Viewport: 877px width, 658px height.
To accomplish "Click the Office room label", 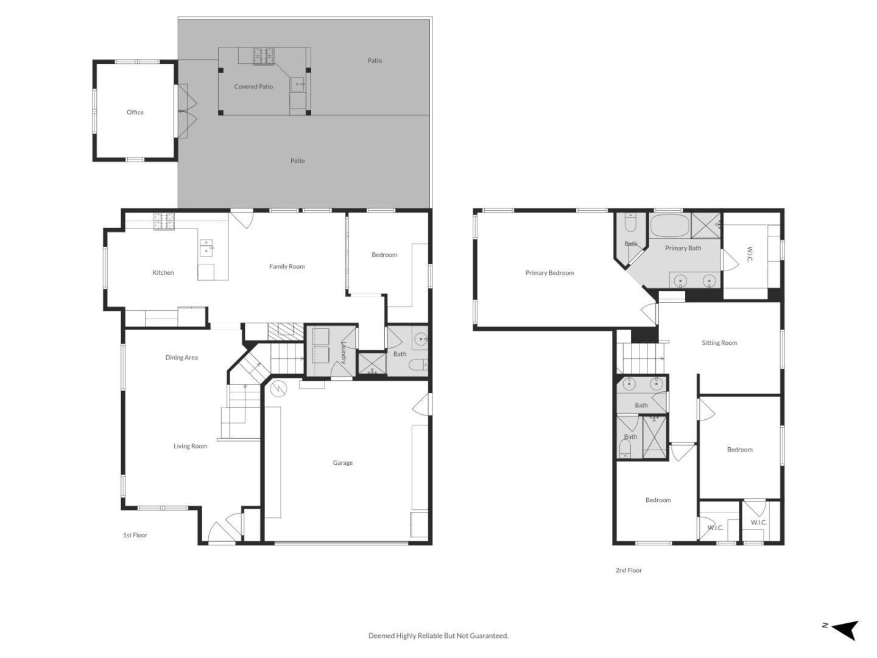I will pyautogui.click(x=135, y=112).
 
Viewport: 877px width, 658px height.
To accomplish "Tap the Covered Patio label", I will pyautogui.click(x=253, y=87).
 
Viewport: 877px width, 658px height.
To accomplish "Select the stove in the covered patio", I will pyautogui.click(x=264, y=57).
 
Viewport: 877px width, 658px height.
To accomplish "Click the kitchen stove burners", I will pyautogui.click(x=163, y=221).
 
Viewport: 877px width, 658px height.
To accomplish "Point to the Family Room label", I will pyautogui.click(x=287, y=266).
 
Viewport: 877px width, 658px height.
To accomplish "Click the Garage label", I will pyautogui.click(x=342, y=463).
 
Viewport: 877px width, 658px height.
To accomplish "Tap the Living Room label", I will pyautogui.click(x=190, y=446).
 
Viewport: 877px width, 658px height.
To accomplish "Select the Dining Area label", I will pyautogui.click(x=181, y=358).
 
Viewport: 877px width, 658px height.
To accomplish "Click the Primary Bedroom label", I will pyautogui.click(x=549, y=273).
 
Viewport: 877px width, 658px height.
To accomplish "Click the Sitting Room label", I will pyautogui.click(x=719, y=343).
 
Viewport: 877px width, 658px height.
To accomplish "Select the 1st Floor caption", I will pyautogui.click(x=135, y=535).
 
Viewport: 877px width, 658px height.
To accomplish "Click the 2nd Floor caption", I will pyautogui.click(x=629, y=570).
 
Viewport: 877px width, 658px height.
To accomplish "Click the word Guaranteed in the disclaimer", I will pyautogui.click(x=488, y=635).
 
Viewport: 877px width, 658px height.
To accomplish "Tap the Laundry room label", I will pyautogui.click(x=343, y=352).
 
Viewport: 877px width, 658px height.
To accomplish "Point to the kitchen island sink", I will pyautogui.click(x=207, y=247).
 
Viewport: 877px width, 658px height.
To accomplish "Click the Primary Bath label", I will pyautogui.click(x=683, y=248).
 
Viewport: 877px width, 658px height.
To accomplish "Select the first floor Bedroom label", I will pyautogui.click(x=384, y=255).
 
